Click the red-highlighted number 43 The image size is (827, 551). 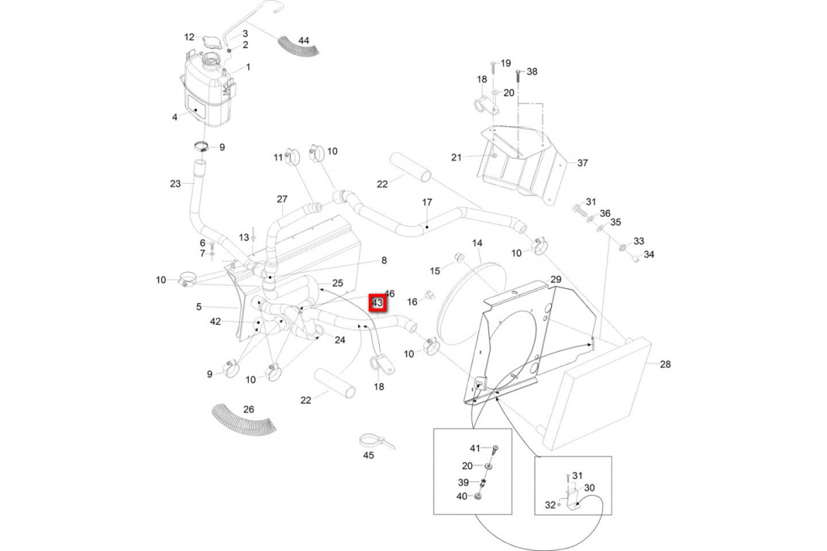(x=377, y=303)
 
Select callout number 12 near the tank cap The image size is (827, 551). (x=190, y=37)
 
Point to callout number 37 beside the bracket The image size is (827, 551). (x=582, y=163)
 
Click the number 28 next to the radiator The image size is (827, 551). (x=664, y=364)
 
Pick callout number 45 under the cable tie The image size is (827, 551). (x=368, y=455)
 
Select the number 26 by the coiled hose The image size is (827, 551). (x=248, y=409)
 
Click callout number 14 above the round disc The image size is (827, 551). (x=478, y=243)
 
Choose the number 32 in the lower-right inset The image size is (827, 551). (x=549, y=505)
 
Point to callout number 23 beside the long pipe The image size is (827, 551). (x=175, y=183)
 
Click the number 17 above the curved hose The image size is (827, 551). (x=427, y=202)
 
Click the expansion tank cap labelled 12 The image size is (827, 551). (x=210, y=41)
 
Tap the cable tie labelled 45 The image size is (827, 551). (x=369, y=441)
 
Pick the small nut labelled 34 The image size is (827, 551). (x=633, y=260)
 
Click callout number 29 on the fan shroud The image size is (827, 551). (x=556, y=280)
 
